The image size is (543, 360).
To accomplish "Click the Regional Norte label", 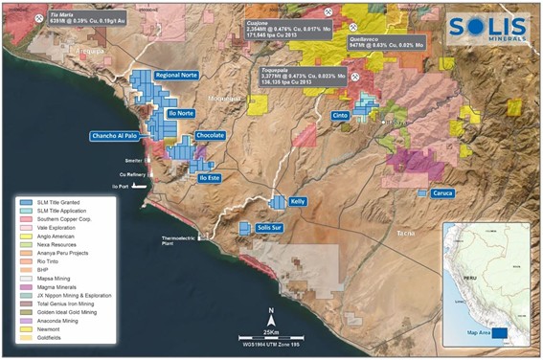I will coord(183,75).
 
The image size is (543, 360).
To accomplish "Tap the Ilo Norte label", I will coord(181,113).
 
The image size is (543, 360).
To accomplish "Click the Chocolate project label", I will coord(210,136).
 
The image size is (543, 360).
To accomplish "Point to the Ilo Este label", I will coord(209,178).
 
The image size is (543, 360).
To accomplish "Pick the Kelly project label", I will coord(298,202).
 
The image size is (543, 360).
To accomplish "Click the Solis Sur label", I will coord(270,228).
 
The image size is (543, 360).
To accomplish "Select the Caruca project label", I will coord(441,192).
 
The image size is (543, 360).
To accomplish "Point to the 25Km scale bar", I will coord(272,336).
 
